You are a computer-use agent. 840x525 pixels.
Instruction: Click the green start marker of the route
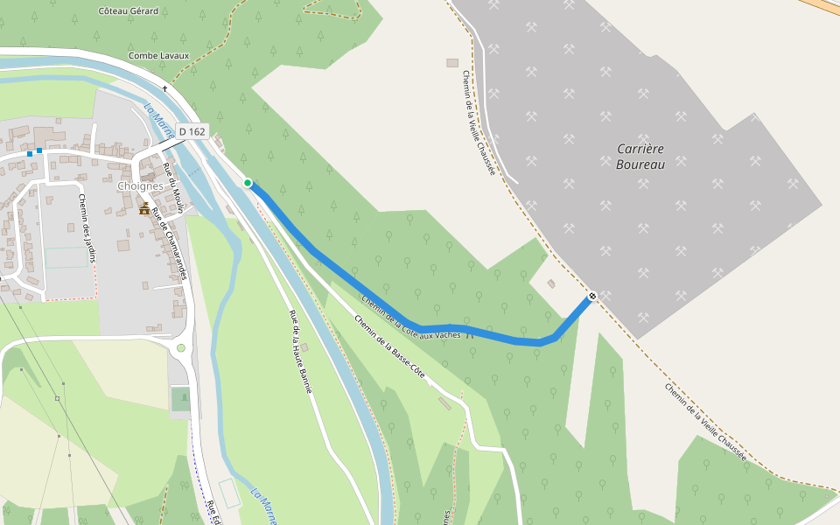(248, 183)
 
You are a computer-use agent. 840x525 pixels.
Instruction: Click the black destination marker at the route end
(592, 296)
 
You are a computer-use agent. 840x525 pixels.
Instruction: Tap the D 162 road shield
(192, 131)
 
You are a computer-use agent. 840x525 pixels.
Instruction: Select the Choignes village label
(141, 186)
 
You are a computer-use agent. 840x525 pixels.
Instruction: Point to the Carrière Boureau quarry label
(640, 157)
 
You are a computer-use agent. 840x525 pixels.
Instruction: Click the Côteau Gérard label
(129, 11)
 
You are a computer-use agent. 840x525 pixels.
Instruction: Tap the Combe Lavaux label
(158, 56)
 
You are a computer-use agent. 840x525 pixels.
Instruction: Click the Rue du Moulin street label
(176, 194)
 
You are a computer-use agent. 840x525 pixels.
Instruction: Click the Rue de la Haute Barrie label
(301, 350)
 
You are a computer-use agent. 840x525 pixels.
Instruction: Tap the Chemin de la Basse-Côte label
(390, 346)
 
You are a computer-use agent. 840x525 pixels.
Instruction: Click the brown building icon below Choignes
(144, 208)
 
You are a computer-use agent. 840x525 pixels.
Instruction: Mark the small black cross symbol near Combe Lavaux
(164, 88)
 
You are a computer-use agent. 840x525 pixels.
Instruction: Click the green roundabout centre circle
(181, 348)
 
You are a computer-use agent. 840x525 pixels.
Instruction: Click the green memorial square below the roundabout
(181, 399)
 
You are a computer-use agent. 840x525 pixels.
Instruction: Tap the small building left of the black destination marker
(551, 283)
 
